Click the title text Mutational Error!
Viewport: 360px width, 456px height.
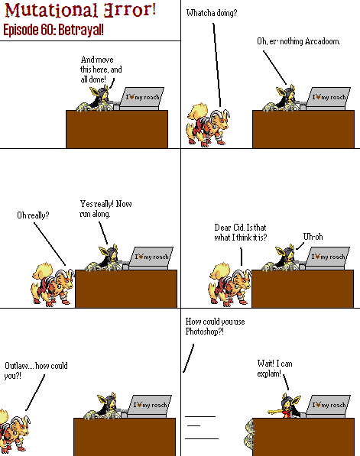[x=80, y=10]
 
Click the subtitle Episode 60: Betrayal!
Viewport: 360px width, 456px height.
[x=54, y=30]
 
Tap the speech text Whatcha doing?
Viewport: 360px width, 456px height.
[x=212, y=13]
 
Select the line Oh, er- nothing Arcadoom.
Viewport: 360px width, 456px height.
[x=299, y=41]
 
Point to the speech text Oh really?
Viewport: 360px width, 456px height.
[x=33, y=215]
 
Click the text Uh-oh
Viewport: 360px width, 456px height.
[x=313, y=237]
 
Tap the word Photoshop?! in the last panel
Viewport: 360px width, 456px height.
[x=205, y=331]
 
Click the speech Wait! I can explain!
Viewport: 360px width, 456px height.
[x=274, y=368]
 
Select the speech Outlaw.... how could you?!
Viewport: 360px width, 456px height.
[x=36, y=370]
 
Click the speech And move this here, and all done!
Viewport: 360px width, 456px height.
[x=101, y=70]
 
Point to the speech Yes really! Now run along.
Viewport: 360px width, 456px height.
[x=105, y=209]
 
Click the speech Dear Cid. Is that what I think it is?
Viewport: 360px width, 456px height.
[x=241, y=232]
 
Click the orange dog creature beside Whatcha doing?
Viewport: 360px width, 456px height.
[x=207, y=125]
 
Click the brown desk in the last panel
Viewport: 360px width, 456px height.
[x=303, y=437]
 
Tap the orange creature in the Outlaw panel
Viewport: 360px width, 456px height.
[x=14, y=430]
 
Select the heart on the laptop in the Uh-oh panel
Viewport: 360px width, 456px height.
[x=318, y=257]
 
